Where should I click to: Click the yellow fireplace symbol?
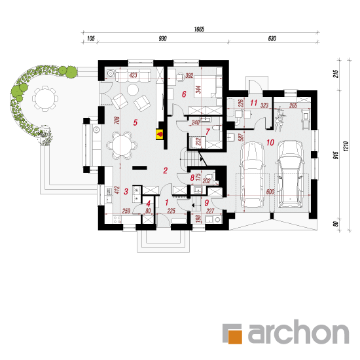[160, 134]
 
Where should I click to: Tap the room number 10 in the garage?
[270, 142]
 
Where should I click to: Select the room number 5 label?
[135, 122]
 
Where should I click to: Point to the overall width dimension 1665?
[199, 29]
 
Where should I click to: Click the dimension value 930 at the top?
[162, 39]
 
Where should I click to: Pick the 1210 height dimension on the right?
[346, 146]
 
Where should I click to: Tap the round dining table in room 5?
[122, 145]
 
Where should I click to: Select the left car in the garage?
[252, 175]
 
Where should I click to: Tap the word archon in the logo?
[298, 332]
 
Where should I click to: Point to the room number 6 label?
[184, 94]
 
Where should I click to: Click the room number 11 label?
[254, 103]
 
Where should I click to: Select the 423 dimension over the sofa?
[133, 75]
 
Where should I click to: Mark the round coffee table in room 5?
[133, 90]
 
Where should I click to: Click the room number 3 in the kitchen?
[126, 191]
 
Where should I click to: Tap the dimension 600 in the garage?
[270, 192]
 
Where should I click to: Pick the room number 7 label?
[207, 132]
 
